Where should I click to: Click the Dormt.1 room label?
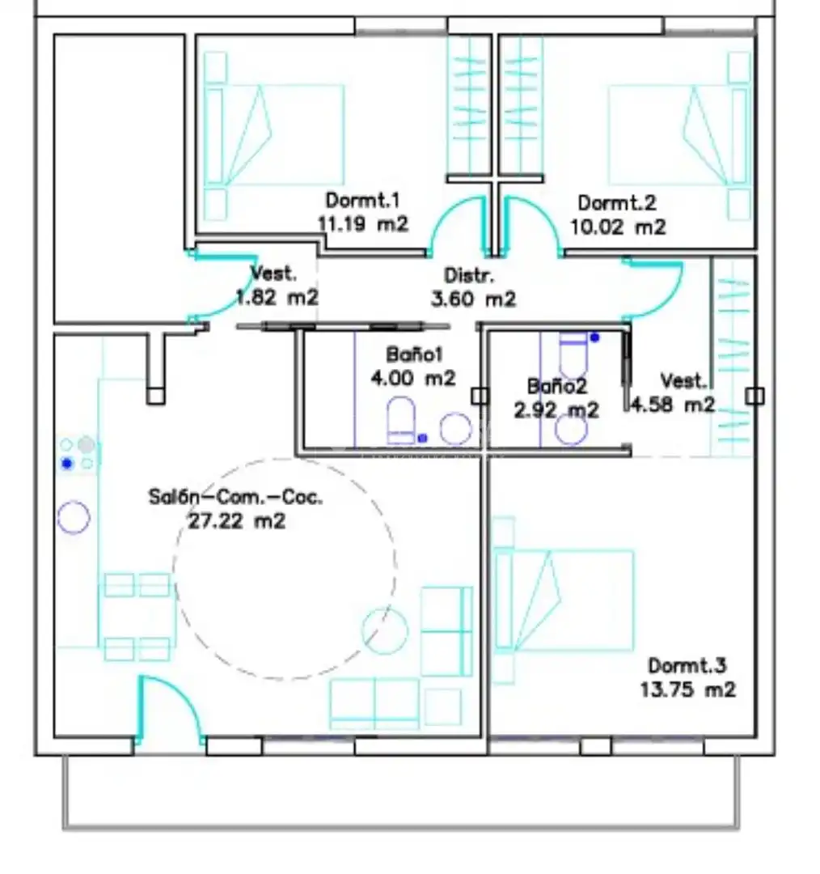coord(362,200)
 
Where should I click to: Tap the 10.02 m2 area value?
coord(618,227)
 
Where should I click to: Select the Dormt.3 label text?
coord(687,665)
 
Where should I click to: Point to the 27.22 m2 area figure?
coord(237,521)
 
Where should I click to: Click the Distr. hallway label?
coord(469,275)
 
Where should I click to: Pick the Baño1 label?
coord(414,354)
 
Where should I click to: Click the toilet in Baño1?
coord(401,419)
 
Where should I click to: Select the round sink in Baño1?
coord(455,428)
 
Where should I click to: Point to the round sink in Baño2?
coord(571,428)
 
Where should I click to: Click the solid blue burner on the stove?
coord(67,463)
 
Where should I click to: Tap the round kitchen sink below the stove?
coord(74,518)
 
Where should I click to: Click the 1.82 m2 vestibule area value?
coord(277,297)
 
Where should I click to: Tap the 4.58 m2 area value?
coord(673,405)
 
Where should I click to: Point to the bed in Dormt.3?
coord(563,600)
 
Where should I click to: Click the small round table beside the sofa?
coord(384,631)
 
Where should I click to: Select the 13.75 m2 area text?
coord(687,690)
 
